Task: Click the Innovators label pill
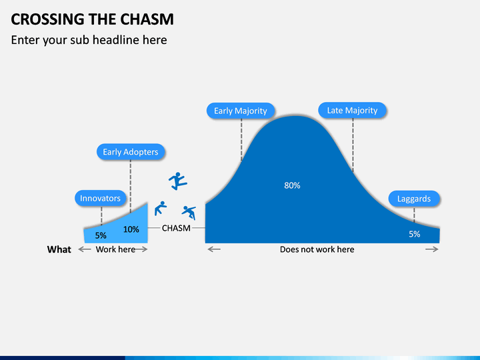100,199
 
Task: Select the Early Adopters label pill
131,152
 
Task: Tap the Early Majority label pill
240,111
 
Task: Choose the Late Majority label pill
352,110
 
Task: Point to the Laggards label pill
414,199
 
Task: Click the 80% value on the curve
292,185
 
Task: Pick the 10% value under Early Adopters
131,229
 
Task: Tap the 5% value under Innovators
101,235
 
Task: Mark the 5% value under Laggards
415,234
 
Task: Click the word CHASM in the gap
176,228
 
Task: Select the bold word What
59,249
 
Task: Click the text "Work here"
115,249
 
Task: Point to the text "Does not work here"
317,249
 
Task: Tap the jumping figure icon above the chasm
177,181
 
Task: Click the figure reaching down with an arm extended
189,212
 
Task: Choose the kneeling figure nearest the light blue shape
159,208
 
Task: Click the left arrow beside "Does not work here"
214,249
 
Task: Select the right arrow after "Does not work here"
431,249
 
